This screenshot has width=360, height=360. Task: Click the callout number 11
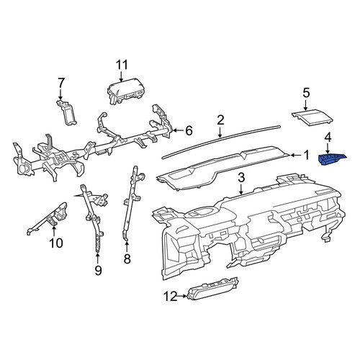(x=122, y=65)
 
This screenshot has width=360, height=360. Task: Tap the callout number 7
(x=61, y=83)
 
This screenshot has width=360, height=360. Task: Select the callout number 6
(x=189, y=131)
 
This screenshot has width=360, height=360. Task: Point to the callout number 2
(x=220, y=120)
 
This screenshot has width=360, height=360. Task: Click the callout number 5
(x=306, y=93)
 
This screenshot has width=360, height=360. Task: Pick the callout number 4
(x=328, y=138)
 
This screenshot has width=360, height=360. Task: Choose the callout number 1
(x=306, y=156)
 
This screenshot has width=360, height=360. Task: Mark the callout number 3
(x=241, y=178)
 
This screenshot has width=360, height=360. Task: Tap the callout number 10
(x=56, y=243)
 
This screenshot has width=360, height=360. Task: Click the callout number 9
(x=98, y=271)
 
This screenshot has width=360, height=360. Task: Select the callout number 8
(x=127, y=259)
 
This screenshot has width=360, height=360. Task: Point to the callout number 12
(x=171, y=297)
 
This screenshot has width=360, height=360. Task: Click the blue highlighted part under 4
(x=332, y=159)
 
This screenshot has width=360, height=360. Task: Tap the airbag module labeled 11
(x=125, y=91)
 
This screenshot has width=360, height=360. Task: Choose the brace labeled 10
(x=48, y=218)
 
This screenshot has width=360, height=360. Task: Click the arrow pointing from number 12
(x=181, y=296)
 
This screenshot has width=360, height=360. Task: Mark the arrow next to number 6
(x=178, y=130)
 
